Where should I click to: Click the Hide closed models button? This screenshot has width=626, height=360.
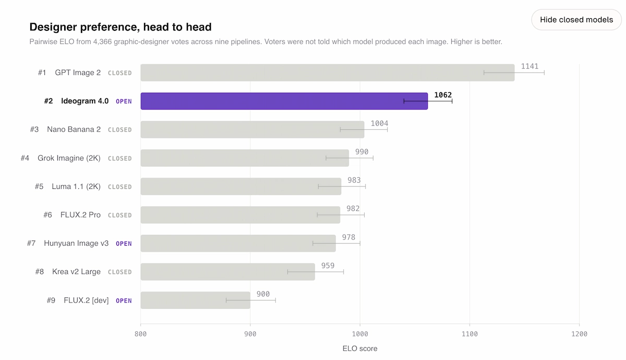pyautogui.click(x=576, y=20)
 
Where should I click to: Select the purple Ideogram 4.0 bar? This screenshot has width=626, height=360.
pyautogui.click(x=284, y=101)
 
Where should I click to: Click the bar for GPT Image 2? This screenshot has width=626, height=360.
pyautogui.click(x=328, y=73)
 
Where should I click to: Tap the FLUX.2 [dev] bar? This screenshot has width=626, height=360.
pyautogui.click(x=195, y=300)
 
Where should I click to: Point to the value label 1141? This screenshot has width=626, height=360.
pyautogui.click(x=529, y=66)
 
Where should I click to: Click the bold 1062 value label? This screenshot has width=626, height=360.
pyautogui.click(x=443, y=95)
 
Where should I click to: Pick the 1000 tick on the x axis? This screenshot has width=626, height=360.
pyautogui.click(x=360, y=334)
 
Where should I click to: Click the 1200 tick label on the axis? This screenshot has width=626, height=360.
pyautogui.click(x=580, y=334)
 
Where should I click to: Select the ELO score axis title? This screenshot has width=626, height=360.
pyautogui.click(x=360, y=349)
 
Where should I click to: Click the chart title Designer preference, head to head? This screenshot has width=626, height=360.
pyautogui.click(x=121, y=27)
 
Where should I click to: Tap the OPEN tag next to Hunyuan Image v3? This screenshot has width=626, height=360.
pyautogui.click(x=124, y=244)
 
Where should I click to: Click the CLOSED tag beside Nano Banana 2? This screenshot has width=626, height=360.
pyautogui.click(x=119, y=130)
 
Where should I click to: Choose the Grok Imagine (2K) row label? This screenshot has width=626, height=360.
pyautogui.click(x=69, y=158)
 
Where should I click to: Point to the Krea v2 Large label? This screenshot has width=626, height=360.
pyautogui.click(x=76, y=272)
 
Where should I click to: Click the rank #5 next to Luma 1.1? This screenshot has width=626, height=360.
pyautogui.click(x=39, y=186)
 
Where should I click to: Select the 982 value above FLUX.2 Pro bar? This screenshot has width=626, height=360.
pyautogui.click(x=353, y=209)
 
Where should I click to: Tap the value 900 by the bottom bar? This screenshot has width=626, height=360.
pyautogui.click(x=263, y=294)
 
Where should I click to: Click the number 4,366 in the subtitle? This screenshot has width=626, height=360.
pyautogui.click(x=102, y=42)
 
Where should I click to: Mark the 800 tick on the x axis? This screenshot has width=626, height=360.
pyautogui.click(x=140, y=334)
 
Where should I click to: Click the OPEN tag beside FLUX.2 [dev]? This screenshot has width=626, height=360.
pyautogui.click(x=124, y=301)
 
